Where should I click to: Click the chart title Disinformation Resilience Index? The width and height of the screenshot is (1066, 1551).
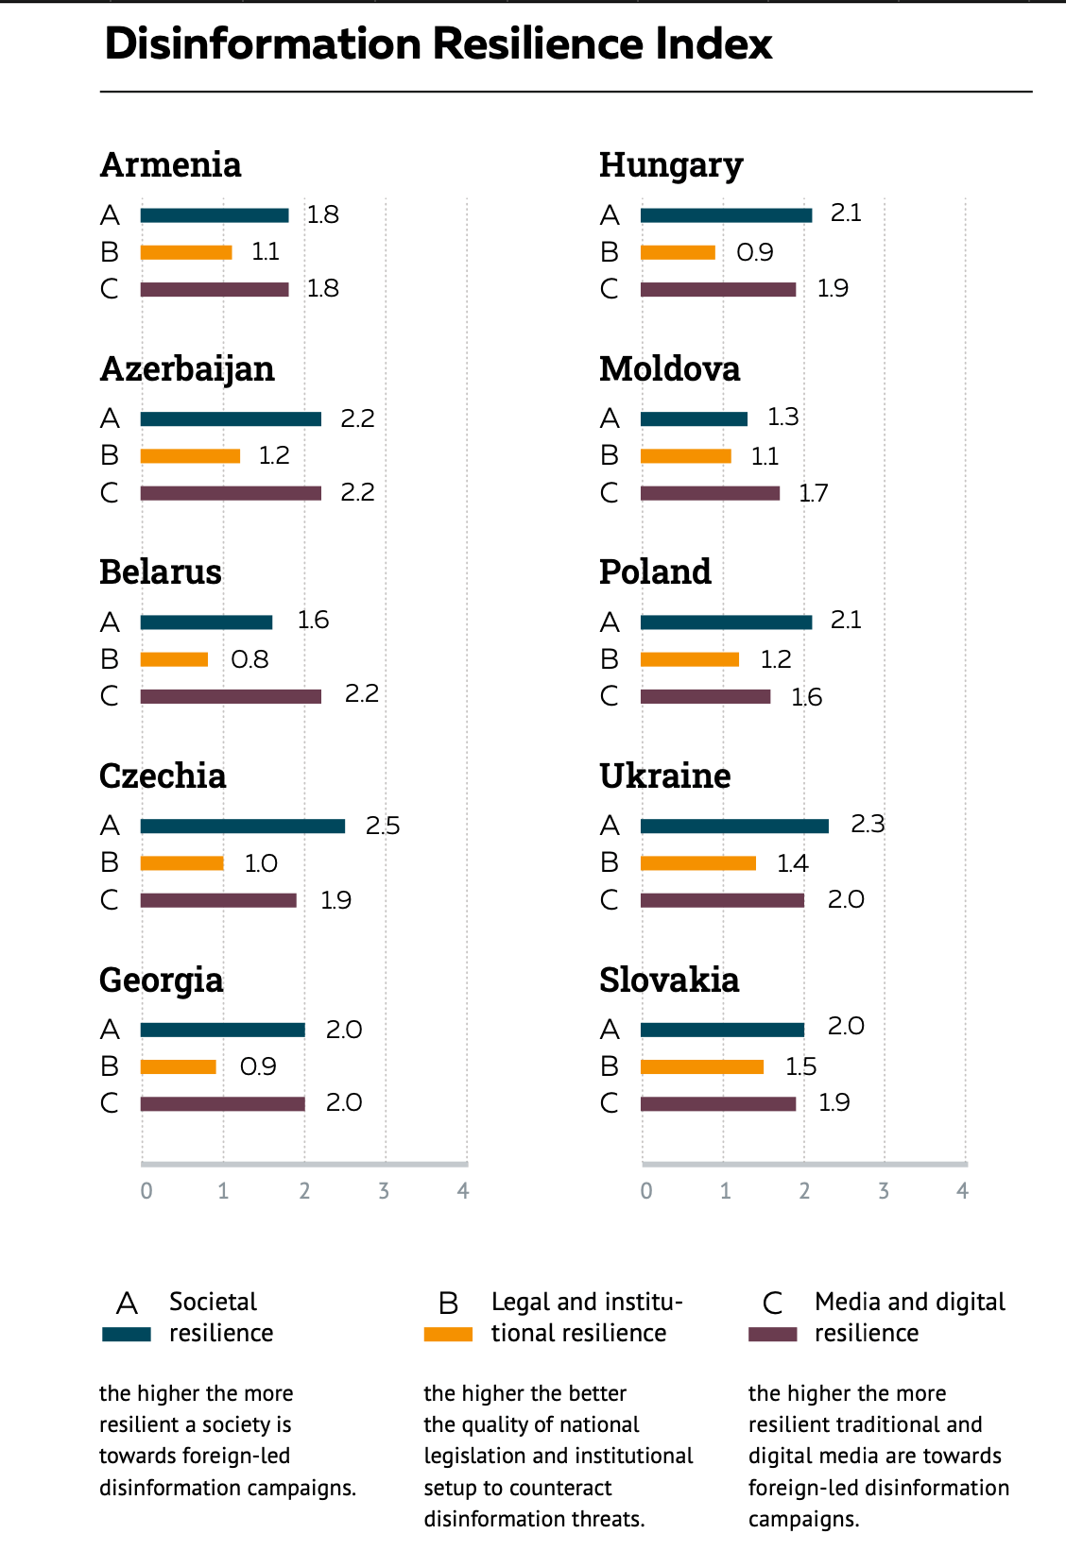click(x=438, y=43)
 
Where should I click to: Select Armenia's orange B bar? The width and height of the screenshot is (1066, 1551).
click(x=186, y=252)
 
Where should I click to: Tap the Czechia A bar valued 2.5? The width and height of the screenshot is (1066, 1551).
click(x=243, y=827)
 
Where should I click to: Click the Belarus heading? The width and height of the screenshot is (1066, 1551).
click(x=161, y=571)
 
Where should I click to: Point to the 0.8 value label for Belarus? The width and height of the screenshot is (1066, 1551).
click(x=249, y=659)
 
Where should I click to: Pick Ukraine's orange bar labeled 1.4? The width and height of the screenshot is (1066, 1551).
click(x=698, y=863)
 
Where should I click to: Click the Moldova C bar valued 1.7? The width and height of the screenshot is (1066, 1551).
click(x=710, y=493)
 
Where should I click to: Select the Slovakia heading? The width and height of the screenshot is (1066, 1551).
click(x=669, y=980)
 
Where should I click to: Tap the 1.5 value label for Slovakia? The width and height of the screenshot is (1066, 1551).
click(x=800, y=1066)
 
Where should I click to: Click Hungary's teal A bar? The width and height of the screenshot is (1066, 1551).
click(x=726, y=215)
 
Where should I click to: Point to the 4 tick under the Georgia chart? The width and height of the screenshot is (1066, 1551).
click(x=463, y=1191)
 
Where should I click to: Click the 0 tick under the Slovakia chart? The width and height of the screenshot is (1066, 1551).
click(x=646, y=1191)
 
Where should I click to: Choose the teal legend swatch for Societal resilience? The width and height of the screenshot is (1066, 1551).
click(x=127, y=1335)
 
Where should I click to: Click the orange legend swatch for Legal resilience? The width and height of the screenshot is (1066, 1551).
click(x=448, y=1335)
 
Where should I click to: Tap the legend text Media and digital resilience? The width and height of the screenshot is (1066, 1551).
click(x=909, y=1317)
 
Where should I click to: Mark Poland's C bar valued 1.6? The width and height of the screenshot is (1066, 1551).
click(x=705, y=697)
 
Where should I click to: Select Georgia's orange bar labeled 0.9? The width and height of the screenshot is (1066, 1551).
click(x=179, y=1067)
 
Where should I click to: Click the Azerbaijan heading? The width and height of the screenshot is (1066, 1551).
click(x=187, y=368)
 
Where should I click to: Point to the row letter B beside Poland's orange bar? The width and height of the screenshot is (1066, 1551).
click(x=610, y=659)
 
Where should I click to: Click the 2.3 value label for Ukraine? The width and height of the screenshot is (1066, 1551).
click(x=868, y=825)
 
